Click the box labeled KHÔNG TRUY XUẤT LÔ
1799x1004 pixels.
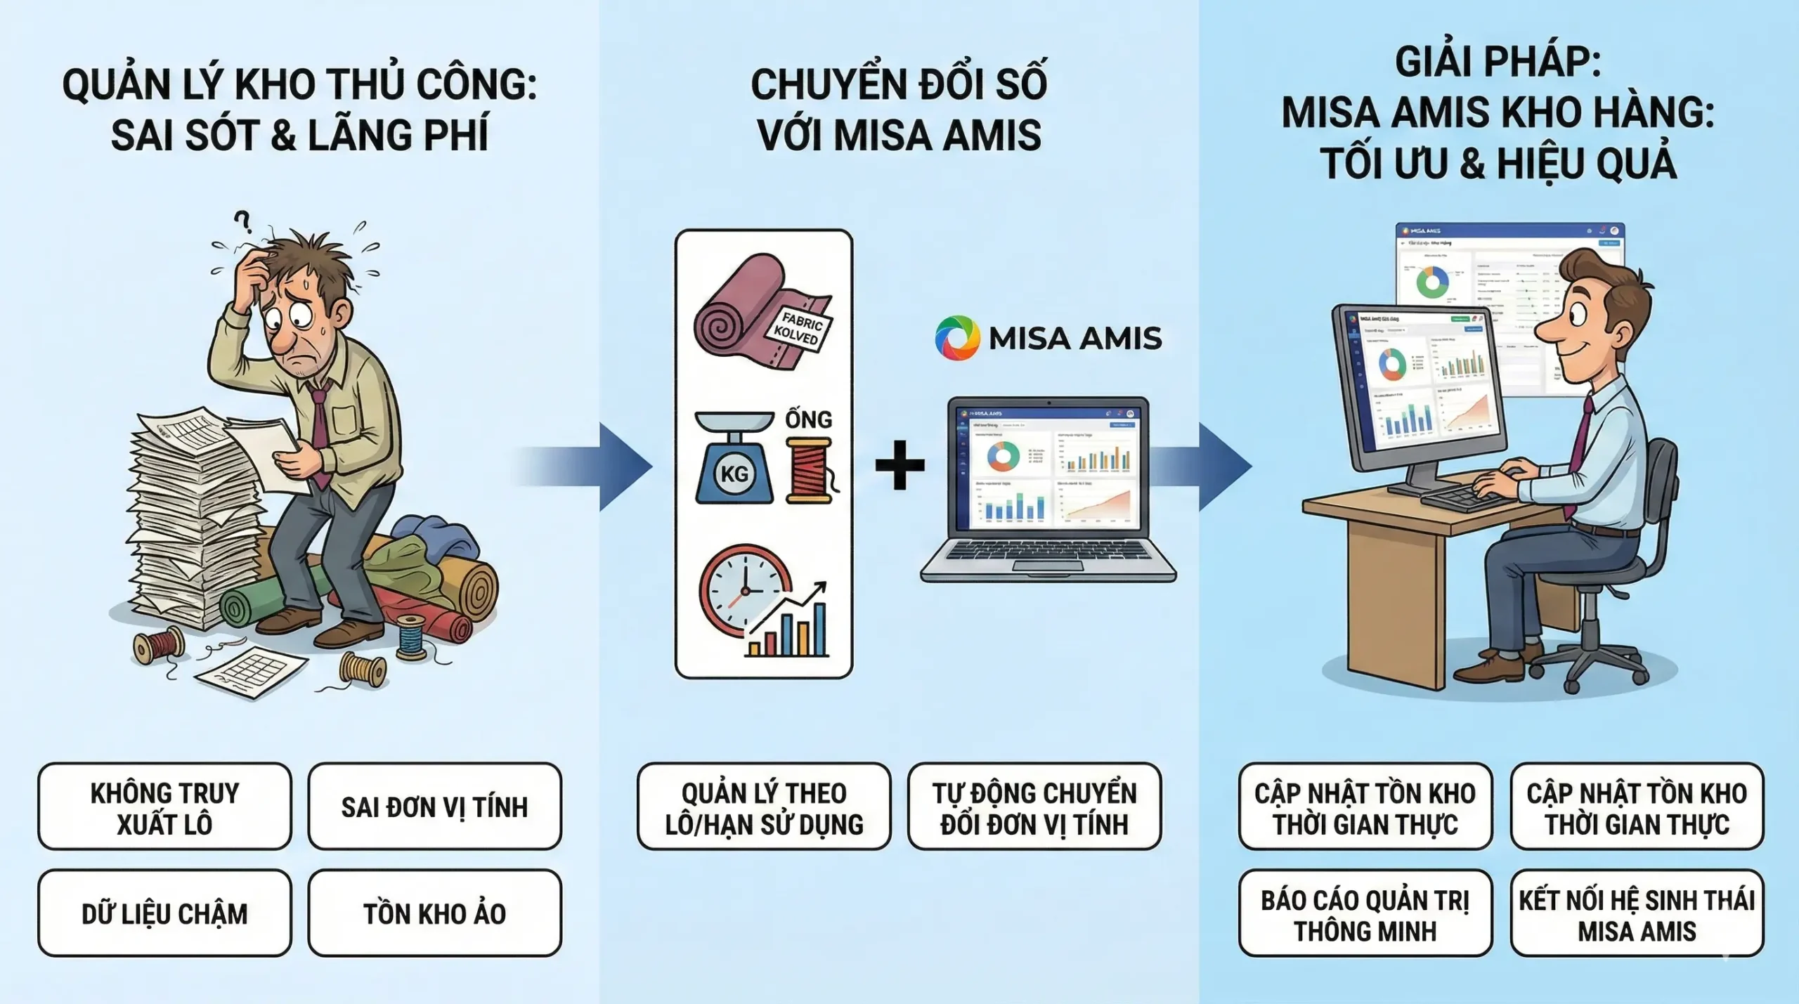coord(164,807)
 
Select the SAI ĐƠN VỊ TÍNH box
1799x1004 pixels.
coord(434,807)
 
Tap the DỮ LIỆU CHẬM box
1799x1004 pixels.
coord(164,913)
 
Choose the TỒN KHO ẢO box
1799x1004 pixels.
coord(434,913)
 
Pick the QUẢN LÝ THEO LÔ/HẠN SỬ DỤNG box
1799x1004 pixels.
coord(764,807)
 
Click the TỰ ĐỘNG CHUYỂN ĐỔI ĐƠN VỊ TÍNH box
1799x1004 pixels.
coord(1034,807)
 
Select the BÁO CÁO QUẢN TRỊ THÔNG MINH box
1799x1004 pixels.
coord(1365,913)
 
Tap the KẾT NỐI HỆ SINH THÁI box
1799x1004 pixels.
coord(1637,913)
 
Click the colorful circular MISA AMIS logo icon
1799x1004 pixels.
coord(957,338)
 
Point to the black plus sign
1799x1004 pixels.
coord(899,464)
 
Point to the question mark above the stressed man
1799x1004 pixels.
coord(243,222)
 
